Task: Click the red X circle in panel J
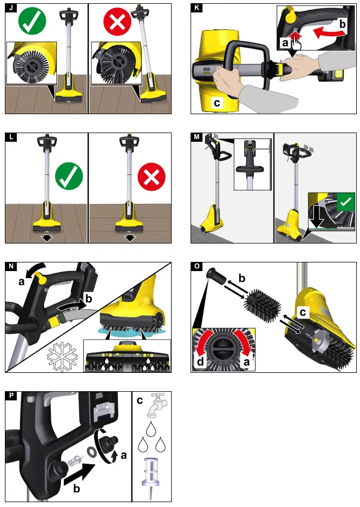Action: point(117,22)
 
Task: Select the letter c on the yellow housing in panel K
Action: point(217,101)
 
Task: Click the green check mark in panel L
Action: point(69,176)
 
